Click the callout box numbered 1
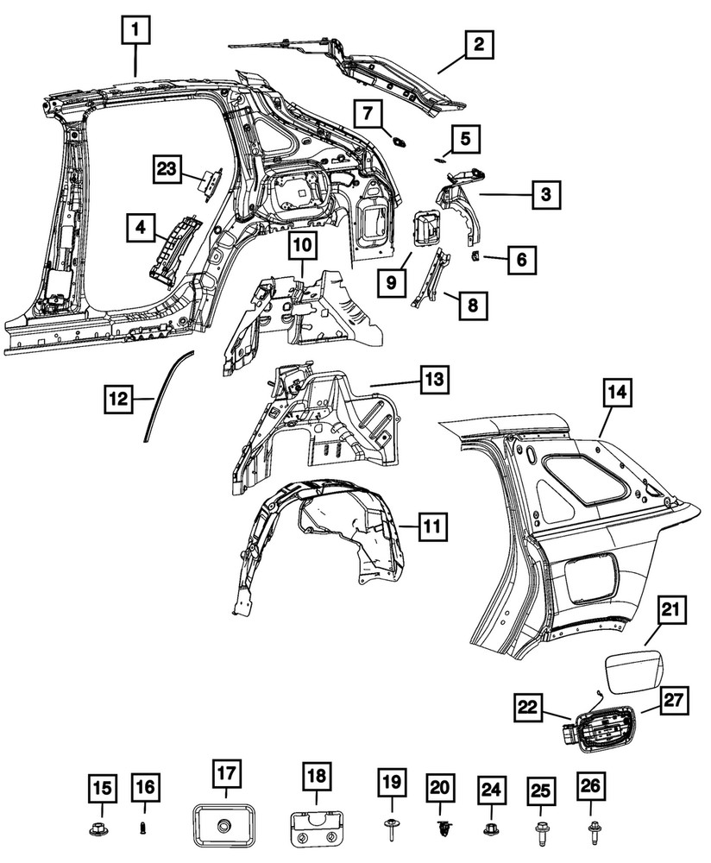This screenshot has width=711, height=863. click(135, 33)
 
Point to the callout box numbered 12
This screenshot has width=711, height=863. click(121, 399)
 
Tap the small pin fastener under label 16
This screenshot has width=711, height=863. click(143, 830)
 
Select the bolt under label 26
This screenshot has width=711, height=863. click(594, 829)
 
